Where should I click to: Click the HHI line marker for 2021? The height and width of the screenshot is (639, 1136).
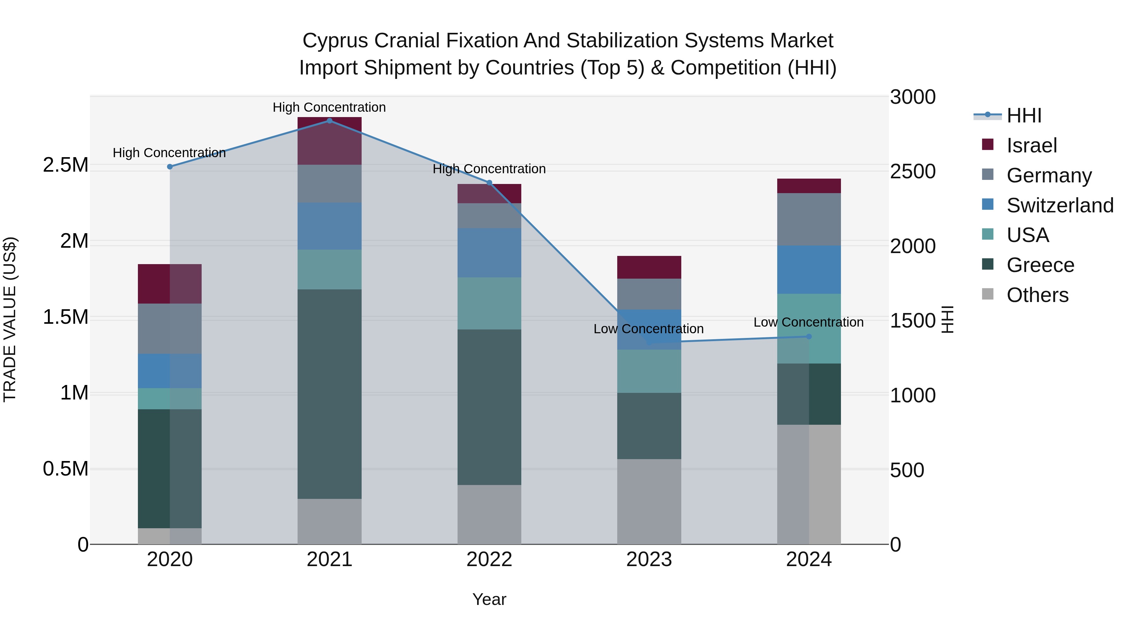(x=329, y=121)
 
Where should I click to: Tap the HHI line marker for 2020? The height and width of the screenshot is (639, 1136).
(x=170, y=167)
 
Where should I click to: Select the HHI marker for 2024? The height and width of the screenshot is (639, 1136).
(x=809, y=336)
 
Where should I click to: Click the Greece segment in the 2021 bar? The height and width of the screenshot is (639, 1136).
(x=329, y=394)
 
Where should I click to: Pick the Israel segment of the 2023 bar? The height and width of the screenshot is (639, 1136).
(x=649, y=267)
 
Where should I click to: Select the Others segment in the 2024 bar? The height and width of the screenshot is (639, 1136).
(x=809, y=484)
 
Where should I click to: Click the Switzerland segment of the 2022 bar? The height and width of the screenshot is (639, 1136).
(x=489, y=253)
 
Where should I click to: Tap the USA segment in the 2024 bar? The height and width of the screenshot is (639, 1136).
(x=809, y=328)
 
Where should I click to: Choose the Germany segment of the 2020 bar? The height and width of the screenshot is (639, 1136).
(x=170, y=328)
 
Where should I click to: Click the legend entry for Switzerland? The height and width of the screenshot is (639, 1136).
(x=1060, y=205)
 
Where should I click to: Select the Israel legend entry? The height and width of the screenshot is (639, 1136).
(x=1032, y=145)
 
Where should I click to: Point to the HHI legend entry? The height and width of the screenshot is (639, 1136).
(x=1024, y=115)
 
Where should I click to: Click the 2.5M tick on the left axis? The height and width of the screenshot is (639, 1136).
(x=66, y=165)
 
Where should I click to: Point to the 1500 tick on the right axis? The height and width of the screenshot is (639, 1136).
(x=912, y=321)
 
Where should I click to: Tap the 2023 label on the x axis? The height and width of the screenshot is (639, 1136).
(x=649, y=559)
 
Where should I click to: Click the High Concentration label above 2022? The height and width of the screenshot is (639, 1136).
(x=489, y=169)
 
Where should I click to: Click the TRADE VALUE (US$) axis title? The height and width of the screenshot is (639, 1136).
(x=10, y=319)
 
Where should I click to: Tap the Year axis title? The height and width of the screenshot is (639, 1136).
(x=489, y=599)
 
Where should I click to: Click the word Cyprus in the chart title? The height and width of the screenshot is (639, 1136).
(x=335, y=41)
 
